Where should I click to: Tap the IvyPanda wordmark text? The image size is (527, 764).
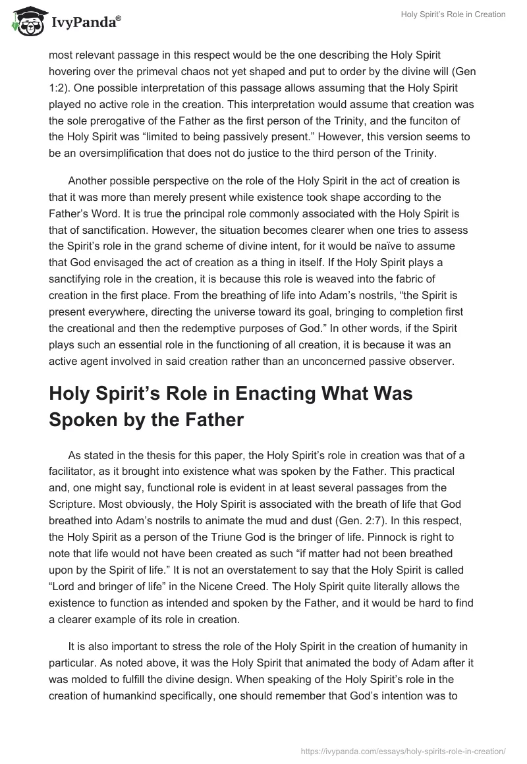point(85,22)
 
